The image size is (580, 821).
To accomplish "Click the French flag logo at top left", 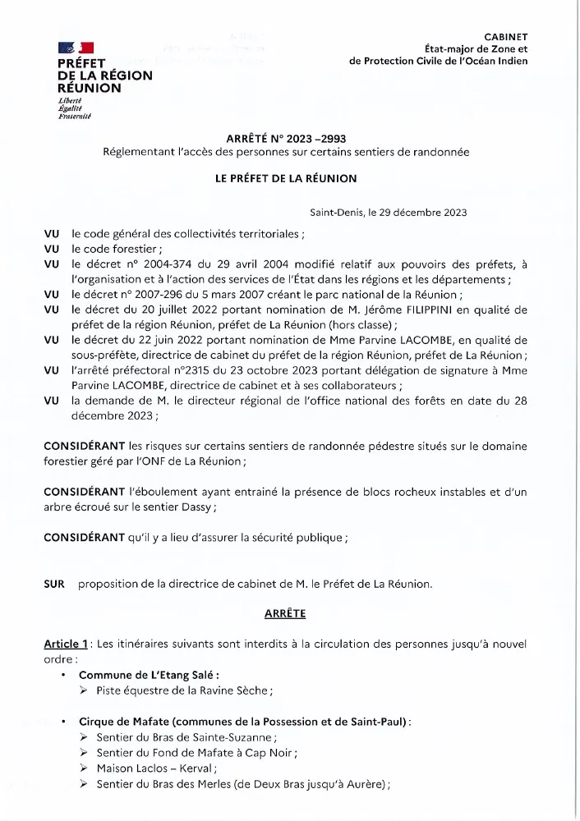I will point(75,48).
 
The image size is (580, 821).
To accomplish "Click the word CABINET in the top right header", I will point(505,37).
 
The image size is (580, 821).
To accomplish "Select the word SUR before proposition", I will point(54,584).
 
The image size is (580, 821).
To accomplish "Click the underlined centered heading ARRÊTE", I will point(284,613).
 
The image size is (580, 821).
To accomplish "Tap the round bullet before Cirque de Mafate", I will point(62,722).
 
